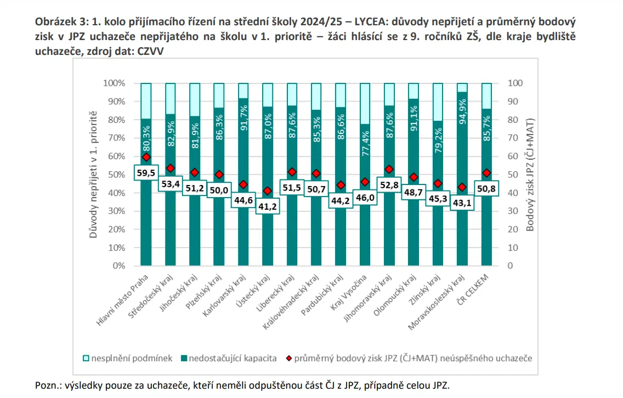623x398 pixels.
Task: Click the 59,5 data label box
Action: [x=146, y=172]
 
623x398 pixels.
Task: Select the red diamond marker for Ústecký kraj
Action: [x=268, y=191]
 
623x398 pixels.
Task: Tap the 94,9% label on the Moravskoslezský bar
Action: [x=462, y=111]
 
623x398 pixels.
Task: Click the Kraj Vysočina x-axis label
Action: [x=349, y=292]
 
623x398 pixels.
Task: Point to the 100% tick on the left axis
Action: [x=114, y=83]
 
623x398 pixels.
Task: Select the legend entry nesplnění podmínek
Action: [x=128, y=358]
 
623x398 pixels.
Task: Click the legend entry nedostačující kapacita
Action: [x=229, y=358]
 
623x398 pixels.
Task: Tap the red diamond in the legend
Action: [x=289, y=358]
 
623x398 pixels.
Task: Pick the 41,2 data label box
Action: [x=268, y=206]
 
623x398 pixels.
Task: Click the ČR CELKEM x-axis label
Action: [x=473, y=289]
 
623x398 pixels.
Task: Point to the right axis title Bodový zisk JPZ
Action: [x=530, y=175]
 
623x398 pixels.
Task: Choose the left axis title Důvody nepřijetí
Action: [x=93, y=175]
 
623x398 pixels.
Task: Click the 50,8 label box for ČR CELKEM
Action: [x=486, y=188]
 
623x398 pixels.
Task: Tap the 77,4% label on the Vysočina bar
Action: [x=365, y=143]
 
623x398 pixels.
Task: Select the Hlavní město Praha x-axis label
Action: [x=122, y=300]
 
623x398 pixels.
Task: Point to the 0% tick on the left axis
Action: [x=119, y=266]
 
